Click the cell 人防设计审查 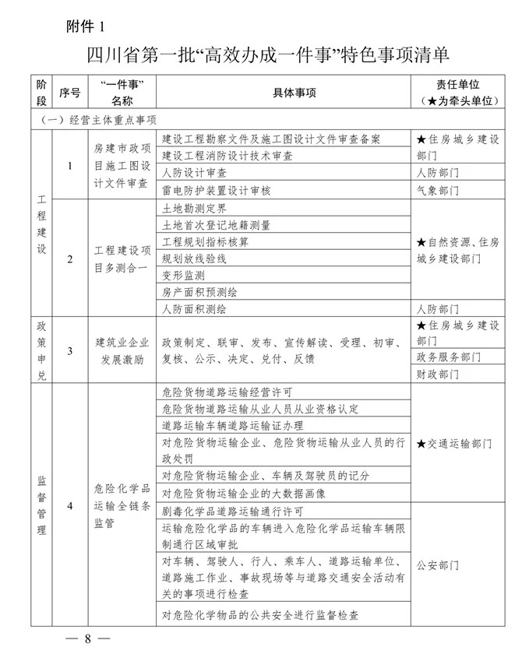click(x=194, y=172)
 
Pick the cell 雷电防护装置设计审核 click(x=216, y=189)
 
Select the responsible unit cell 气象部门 click(x=438, y=189)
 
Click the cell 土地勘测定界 click(x=193, y=209)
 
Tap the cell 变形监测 click(x=183, y=276)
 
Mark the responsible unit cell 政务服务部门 click(x=449, y=357)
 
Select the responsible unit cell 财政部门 click(x=438, y=374)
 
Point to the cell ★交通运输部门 click(x=455, y=443)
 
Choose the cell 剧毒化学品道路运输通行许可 click(x=232, y=512)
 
